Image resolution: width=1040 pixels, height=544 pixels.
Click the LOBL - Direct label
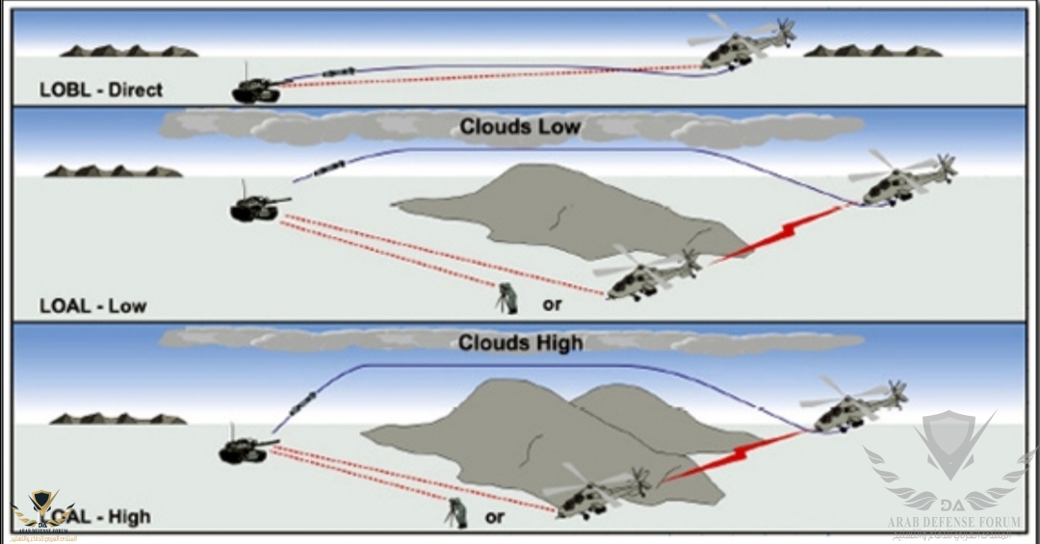101,90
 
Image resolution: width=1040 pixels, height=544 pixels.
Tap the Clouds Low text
520,127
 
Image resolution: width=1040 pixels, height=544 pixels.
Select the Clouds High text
520,343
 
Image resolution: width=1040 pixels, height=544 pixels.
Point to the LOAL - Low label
93,306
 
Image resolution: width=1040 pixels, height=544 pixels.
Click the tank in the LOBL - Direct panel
256,89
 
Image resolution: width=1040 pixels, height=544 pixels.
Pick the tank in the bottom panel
247,448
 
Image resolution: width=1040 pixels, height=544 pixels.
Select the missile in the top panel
336,72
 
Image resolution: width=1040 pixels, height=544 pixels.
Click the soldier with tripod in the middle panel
507,299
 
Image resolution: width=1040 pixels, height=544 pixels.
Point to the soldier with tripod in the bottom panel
455,511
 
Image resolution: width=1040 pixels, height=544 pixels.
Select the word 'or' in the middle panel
552,304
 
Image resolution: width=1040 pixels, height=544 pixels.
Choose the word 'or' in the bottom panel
495,517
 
